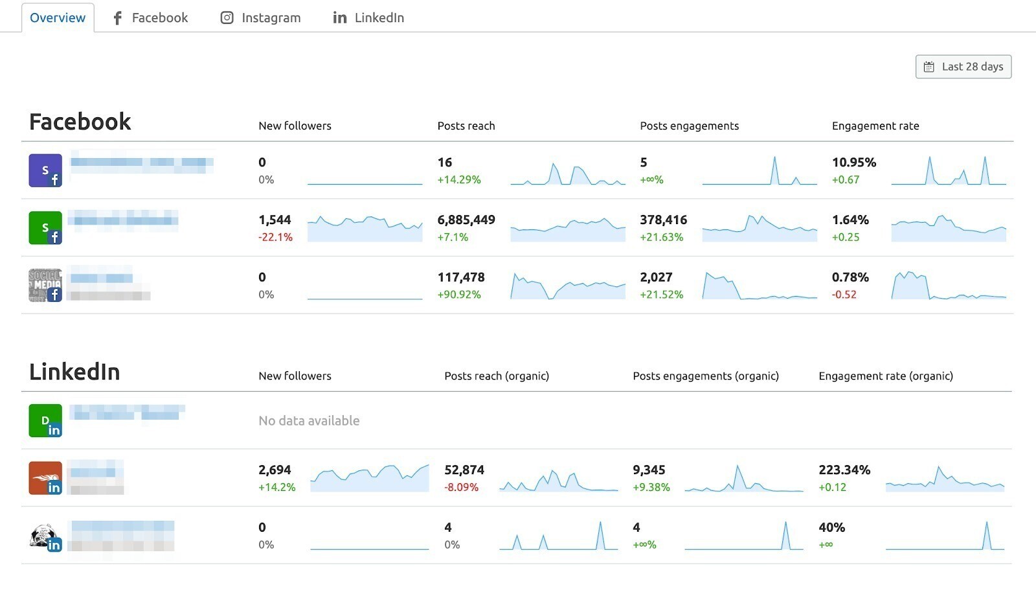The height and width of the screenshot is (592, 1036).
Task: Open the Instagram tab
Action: tap(260, 18)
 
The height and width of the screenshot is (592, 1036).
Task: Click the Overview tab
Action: tap(58, 18)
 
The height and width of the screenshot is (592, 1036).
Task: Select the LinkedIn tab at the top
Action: tap(368, 18)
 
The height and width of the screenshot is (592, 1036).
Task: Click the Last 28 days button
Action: tap(963, 67)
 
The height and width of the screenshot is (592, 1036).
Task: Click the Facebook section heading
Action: tap(80, 122)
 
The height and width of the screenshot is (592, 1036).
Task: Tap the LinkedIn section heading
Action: tap(74, 372)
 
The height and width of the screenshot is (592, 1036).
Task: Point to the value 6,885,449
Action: tap(466, 220)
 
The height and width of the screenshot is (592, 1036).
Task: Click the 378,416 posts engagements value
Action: tap(663, 220)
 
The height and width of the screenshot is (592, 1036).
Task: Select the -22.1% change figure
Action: tap(275, 238)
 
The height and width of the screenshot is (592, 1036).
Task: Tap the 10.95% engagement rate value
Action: tap(853, 163)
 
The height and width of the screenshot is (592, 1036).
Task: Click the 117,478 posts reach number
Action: tap(461, 277)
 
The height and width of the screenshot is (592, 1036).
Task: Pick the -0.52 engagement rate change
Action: tap(844, 295)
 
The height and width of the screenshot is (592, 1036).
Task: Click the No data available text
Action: tap(309, 421)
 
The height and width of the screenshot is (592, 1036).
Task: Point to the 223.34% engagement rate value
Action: tap(844, 470)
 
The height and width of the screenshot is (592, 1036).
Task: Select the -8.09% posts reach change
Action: tap(461, 488)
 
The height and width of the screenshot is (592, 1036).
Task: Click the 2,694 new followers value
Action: tap(275, 470)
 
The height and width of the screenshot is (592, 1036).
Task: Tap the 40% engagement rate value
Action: tap(831, 528)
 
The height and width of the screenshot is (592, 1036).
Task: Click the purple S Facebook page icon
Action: tap(45, 170)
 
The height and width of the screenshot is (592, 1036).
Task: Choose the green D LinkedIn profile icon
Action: tap(45, 421)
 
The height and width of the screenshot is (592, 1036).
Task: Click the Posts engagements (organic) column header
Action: tap(705, 376)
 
